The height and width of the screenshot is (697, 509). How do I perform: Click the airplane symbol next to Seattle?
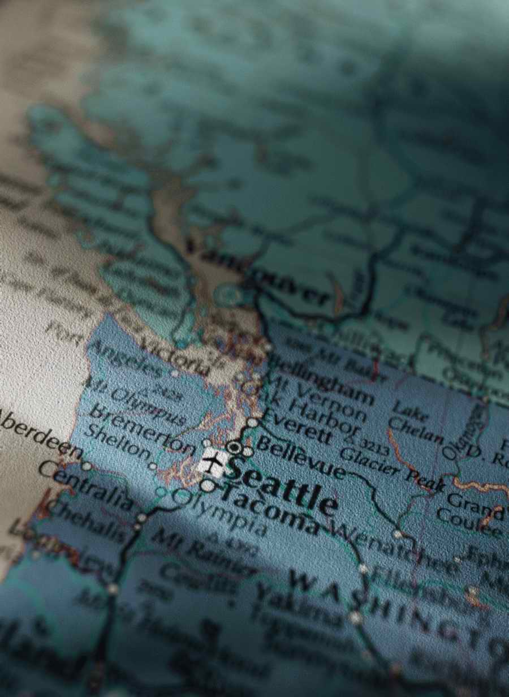[x=213, y=463]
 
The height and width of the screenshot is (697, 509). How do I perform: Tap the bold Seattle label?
[x=283, y=485]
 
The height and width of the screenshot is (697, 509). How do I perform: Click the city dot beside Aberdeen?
[x=87, y=466]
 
